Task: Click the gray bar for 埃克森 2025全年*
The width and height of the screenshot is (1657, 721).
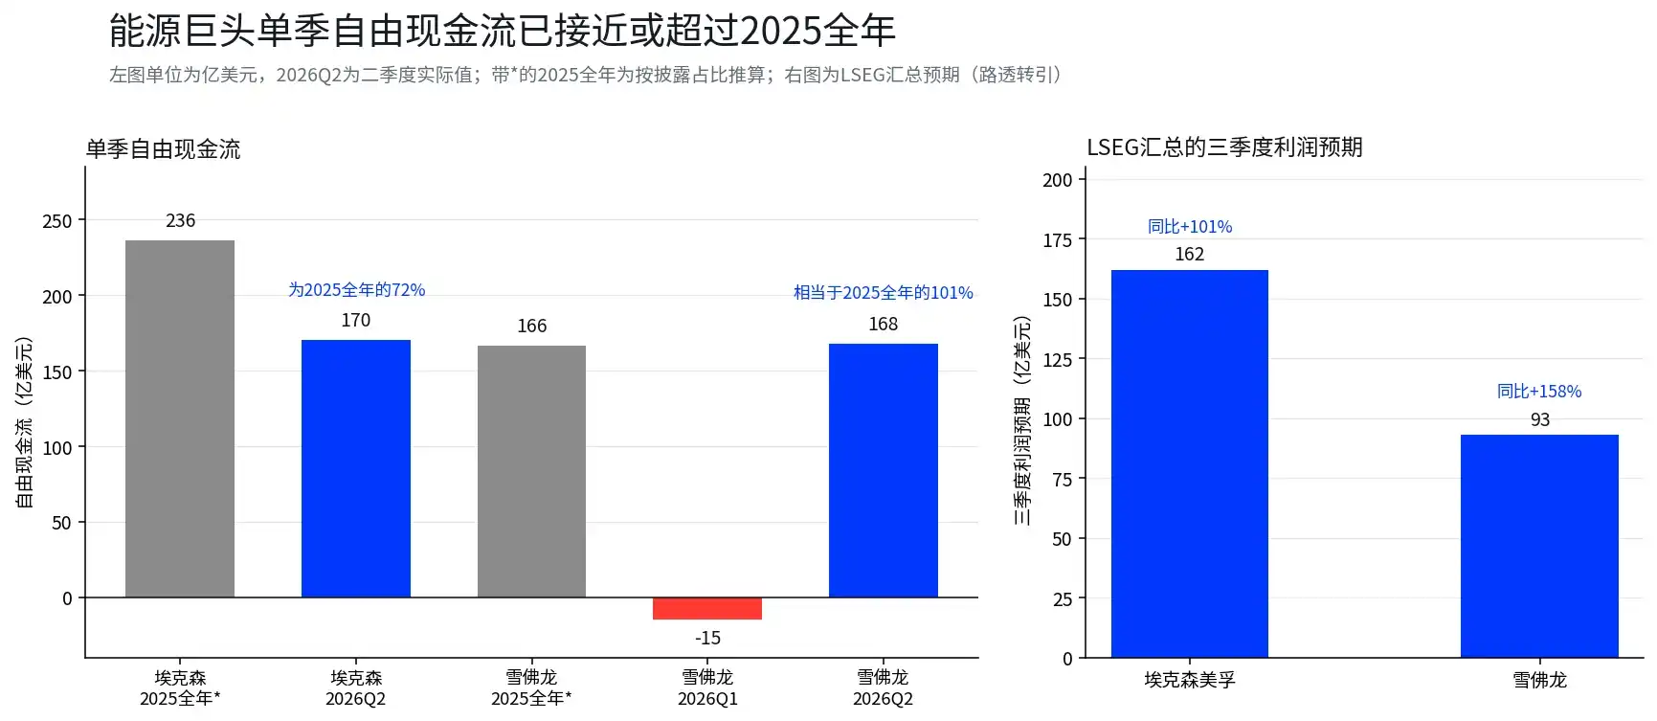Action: (x=180, y=418)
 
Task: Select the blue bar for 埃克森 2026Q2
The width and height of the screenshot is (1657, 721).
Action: (x=356, y=468)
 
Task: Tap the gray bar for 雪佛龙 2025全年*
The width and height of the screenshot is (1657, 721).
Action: (x=531, y=471)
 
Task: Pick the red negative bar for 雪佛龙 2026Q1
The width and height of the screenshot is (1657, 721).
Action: (x=707, y=609)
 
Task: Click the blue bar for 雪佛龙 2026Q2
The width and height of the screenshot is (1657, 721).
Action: (x=884, y=470)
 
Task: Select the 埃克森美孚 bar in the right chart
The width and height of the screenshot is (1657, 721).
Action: (x=1190, y=463)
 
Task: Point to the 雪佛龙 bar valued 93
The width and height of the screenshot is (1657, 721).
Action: (x=1539, y=546)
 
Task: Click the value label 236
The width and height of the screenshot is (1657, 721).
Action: (x=180, y=220)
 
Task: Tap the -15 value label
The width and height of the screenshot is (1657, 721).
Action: (x=707, y=638)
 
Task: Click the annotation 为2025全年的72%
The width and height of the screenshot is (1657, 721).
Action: (x=356, y=289)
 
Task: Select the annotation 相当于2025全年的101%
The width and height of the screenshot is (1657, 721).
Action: (x=884, y=292)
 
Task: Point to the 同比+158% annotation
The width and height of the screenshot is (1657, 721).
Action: (x=1539, y=391)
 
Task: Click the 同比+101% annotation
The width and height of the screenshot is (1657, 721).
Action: (x=1190, y=226)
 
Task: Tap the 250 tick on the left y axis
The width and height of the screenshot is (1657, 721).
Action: (x=57, y=221)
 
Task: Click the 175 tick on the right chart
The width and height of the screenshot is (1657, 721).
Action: (x=1057, y=240)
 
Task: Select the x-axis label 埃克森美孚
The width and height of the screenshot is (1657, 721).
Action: (x=1190, y=680)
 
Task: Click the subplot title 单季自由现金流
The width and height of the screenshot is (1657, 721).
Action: (x=164, y=149)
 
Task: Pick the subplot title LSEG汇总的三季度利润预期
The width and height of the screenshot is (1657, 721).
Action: (x=1224, y=147)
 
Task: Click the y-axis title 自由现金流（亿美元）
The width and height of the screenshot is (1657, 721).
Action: (x=24, y=421)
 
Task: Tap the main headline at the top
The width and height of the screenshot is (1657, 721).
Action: (x=503, y=31)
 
